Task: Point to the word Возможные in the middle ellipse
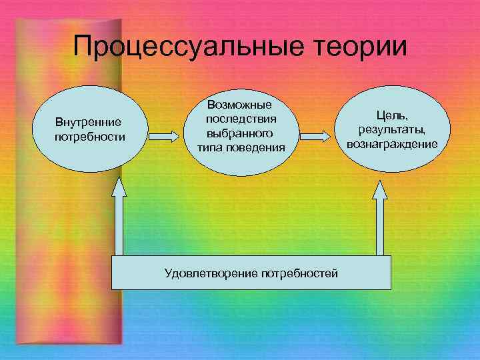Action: click(239, 105)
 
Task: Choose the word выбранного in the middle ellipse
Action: click(240, 133)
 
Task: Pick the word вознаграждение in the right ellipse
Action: click(392, 143)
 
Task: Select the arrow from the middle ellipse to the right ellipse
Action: click(315, 136)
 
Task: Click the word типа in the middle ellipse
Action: click(209, 147)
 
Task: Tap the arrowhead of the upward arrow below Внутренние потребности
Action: click(119, 187)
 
